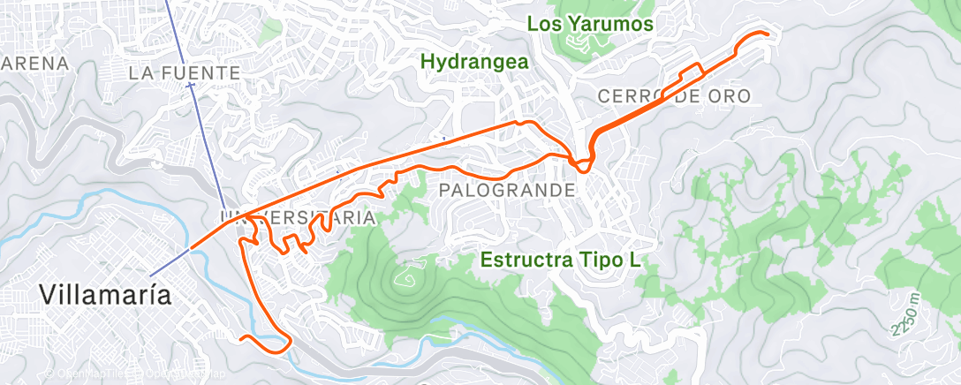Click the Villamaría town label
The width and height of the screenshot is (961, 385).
[106, 294]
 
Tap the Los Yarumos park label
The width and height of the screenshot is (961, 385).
[590, 24]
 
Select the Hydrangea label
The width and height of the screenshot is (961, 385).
[474, 62]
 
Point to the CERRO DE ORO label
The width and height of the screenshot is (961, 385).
[674, 95]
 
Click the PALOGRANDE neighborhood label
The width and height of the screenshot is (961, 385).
[507, 190]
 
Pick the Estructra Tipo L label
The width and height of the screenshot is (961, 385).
[560, 260]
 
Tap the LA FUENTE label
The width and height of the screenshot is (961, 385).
[185, 72]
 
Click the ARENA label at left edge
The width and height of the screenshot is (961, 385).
[34, 63]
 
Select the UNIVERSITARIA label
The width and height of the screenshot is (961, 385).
[297, 216]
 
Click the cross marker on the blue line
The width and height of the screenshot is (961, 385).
[191, 85]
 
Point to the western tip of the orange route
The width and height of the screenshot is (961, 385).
[190, 249]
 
